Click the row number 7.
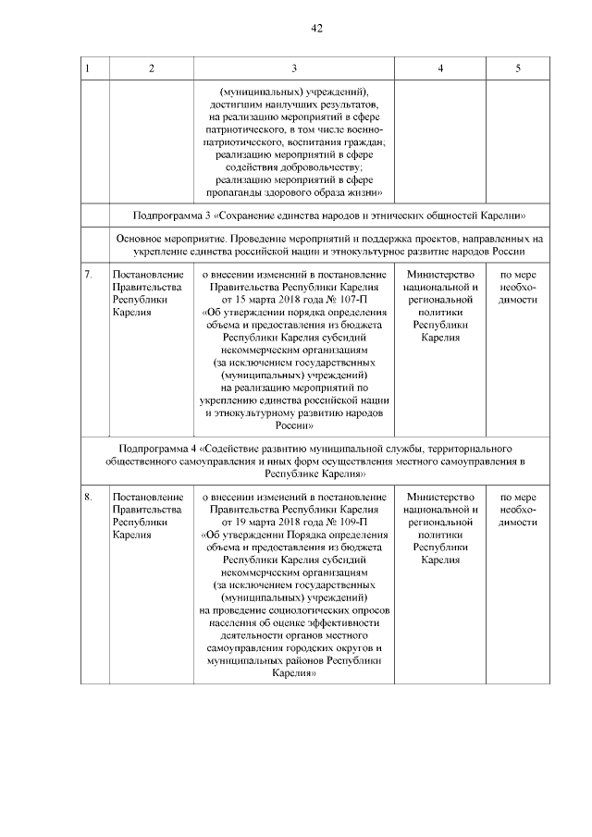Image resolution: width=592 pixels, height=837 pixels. click(88, 275)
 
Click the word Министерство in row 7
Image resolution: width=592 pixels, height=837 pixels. click(440, 275)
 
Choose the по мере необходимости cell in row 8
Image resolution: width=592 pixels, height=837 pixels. click(517, 510)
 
